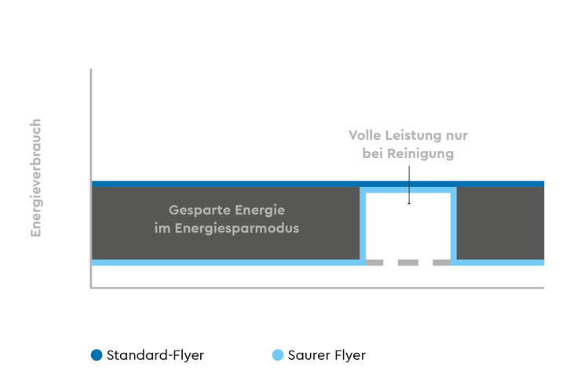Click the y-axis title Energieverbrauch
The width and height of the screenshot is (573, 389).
[x=35, y=178]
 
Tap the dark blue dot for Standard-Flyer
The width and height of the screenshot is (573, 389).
[x=97, y=355]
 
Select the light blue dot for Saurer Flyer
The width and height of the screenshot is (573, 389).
[x=277, y=355]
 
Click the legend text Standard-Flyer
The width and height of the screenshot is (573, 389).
[x=155, y=355]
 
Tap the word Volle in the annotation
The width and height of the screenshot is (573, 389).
[x=367, y=135]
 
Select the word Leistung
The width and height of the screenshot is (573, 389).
[x=416, y=135]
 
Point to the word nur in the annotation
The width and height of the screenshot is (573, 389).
[x=457, y=135]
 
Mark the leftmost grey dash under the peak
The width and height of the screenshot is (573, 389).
[x=374, y=262]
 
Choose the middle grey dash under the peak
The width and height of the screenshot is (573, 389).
[x=408, y=262]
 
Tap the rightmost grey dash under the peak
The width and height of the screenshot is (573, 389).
[x=442, y=262]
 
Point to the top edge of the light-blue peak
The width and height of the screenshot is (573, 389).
[x=408, y=190]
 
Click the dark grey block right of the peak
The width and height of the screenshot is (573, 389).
[x=500, y=223]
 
